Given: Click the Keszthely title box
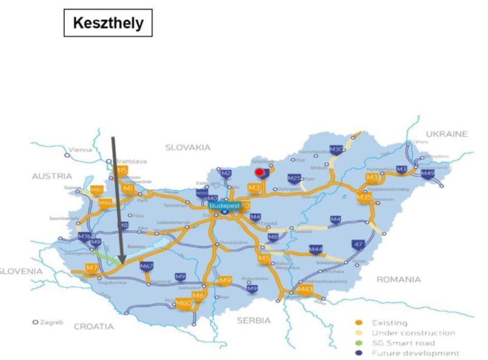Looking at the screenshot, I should (x=107, y=23).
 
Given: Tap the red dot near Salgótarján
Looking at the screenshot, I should (x=259, y=173).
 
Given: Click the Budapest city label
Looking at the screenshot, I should (x=224, y=205).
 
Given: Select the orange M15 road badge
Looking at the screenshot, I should (x=122, y=172).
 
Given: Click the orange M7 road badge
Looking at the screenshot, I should (x=92, y=267).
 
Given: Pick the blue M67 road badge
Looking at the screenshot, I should (x=146, y=266).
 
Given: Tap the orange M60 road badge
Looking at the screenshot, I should (x=184, y=302).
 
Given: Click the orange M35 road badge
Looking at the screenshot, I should (x=364, y=197).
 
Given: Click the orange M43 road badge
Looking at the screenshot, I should (x=305, y=290).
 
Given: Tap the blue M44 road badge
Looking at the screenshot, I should (x=316, y=249).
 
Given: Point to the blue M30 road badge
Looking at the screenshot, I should (x=336, y=150).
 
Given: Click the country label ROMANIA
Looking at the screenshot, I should (x=398, y=279).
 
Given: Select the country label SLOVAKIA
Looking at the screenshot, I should (x=187, y=147).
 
